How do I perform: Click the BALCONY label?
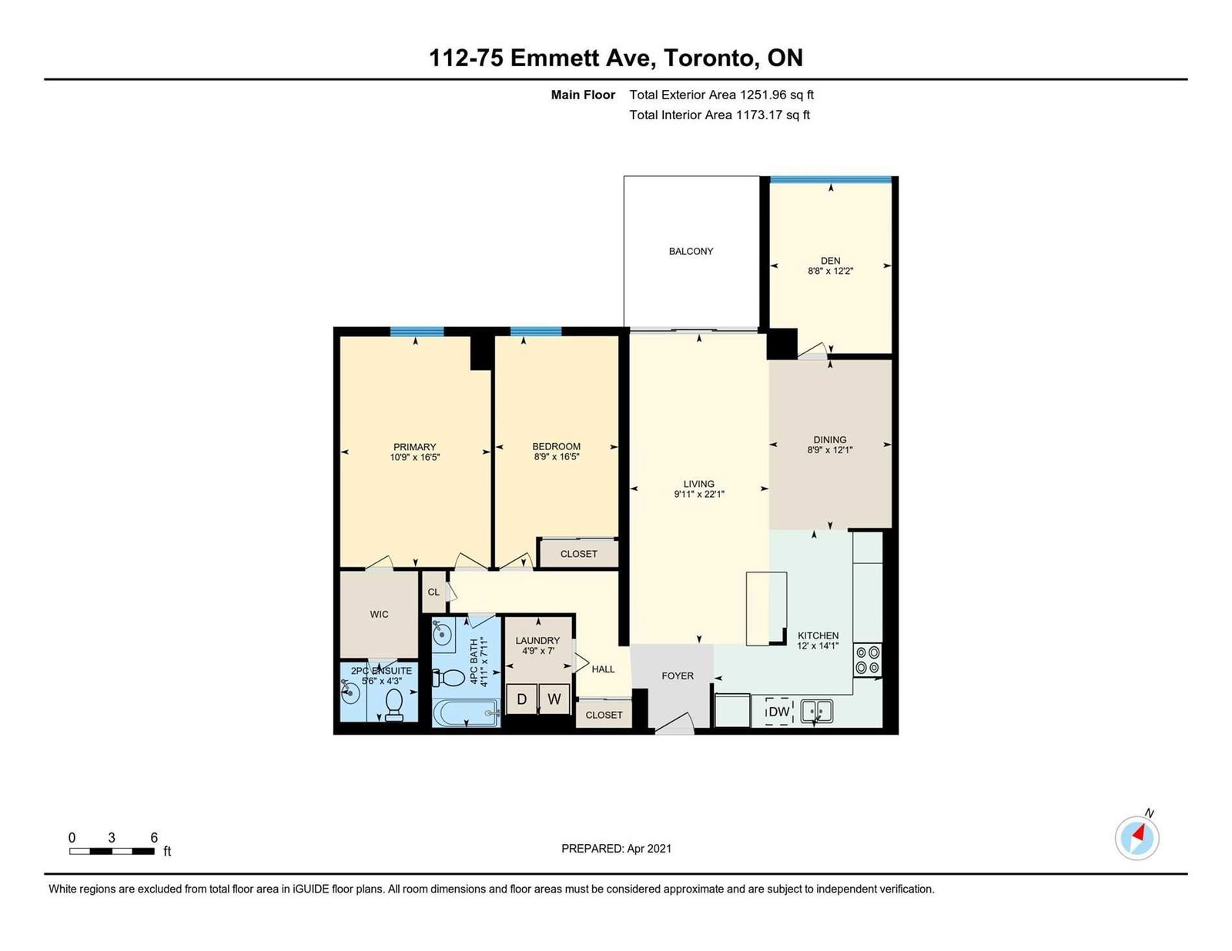tap(691, 251)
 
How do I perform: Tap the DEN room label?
tap(830, 261)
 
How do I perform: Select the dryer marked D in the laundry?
tap(521, 699)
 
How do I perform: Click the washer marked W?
tap(554, 699)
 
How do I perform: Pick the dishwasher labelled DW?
tap(778, 712)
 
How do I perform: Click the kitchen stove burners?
tap(868, 660)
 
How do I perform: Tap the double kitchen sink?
tap(816, 711)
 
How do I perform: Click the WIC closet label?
tap(379, 614)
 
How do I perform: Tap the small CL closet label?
tap(434, 592)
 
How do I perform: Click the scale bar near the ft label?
tap(112, 851)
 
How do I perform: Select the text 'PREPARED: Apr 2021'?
tap(616, 849)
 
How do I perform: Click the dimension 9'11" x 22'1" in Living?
tap(698, 494)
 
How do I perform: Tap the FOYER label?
tap(678, 676)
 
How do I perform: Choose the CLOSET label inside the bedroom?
tap(578, 554)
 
